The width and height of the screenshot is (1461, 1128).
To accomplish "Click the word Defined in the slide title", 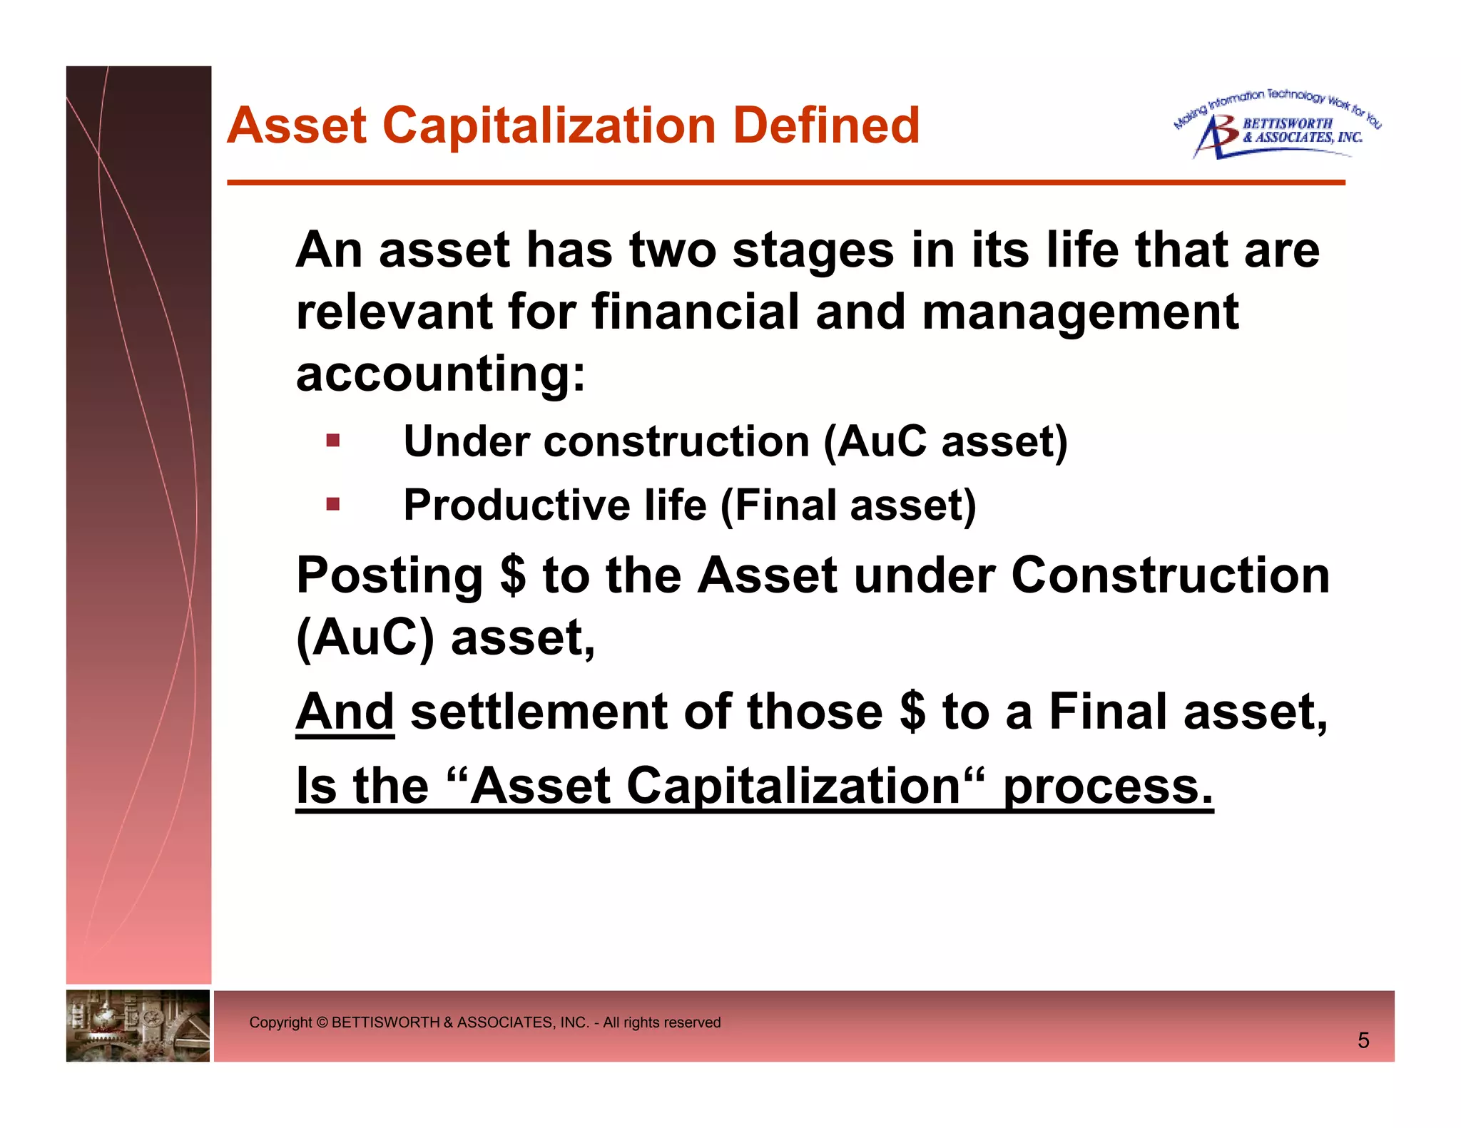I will click(826, 125).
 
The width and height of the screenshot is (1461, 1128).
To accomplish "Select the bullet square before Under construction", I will click(332, 440).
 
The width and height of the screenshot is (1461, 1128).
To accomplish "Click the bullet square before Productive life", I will click(332, 504).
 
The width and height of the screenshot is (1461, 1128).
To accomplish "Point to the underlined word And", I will click(345, 712).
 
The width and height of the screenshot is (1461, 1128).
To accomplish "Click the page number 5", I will click(1363, 1040).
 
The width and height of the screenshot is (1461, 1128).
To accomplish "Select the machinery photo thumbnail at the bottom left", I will click(138, 1025).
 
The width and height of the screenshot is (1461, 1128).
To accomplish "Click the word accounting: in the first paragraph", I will click(440, 374).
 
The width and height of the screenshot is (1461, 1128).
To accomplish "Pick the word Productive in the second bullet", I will click(516, 505).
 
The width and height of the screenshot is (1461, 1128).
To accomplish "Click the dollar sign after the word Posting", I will click(513, 575).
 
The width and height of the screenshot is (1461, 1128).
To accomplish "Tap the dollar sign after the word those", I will click(912, 712).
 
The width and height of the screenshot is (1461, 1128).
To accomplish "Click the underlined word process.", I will click(1108, 786).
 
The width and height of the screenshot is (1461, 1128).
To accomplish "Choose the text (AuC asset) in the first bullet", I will click(945, 441).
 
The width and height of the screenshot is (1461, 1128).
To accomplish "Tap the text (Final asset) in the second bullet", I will click(848, 505).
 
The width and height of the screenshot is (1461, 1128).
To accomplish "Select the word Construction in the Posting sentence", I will click(1170, 575).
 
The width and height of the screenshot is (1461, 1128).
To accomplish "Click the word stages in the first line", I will click(813, 250).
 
